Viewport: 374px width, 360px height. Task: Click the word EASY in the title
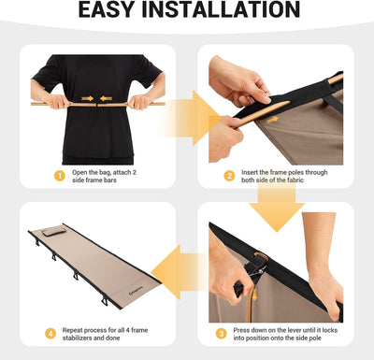tap(112, 12)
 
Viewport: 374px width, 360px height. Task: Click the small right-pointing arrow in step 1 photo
tap(86, 98)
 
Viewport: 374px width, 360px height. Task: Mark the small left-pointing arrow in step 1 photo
tap(107, 98)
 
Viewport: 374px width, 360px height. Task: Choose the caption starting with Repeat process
tap(101, 336)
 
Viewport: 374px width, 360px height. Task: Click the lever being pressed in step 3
tap(248, 267)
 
